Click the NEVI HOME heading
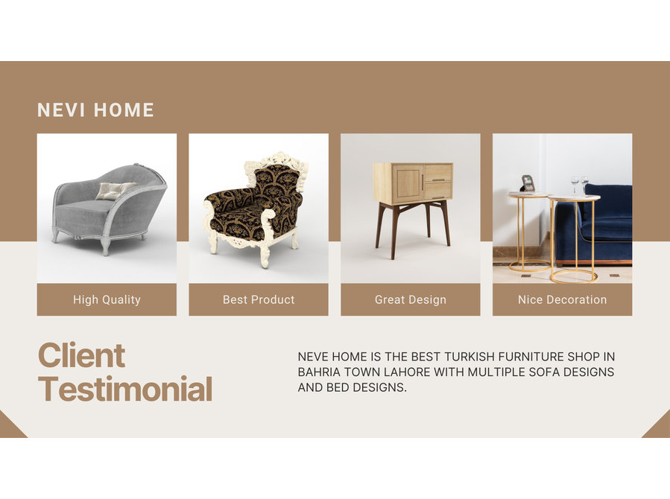pos(95,110)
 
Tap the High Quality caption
pos(107,299)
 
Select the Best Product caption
pos(259,299)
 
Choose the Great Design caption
pos(411,299)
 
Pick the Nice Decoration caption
pos(563,299)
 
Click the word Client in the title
pos(82,355)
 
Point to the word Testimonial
pos(125,389)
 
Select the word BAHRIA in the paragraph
pos(319,372)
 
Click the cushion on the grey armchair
pos(114,191)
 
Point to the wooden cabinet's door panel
pos(408,183)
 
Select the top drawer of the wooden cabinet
pos(438,173)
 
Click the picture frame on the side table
pos(528,183)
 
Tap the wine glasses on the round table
pos(580,185)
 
